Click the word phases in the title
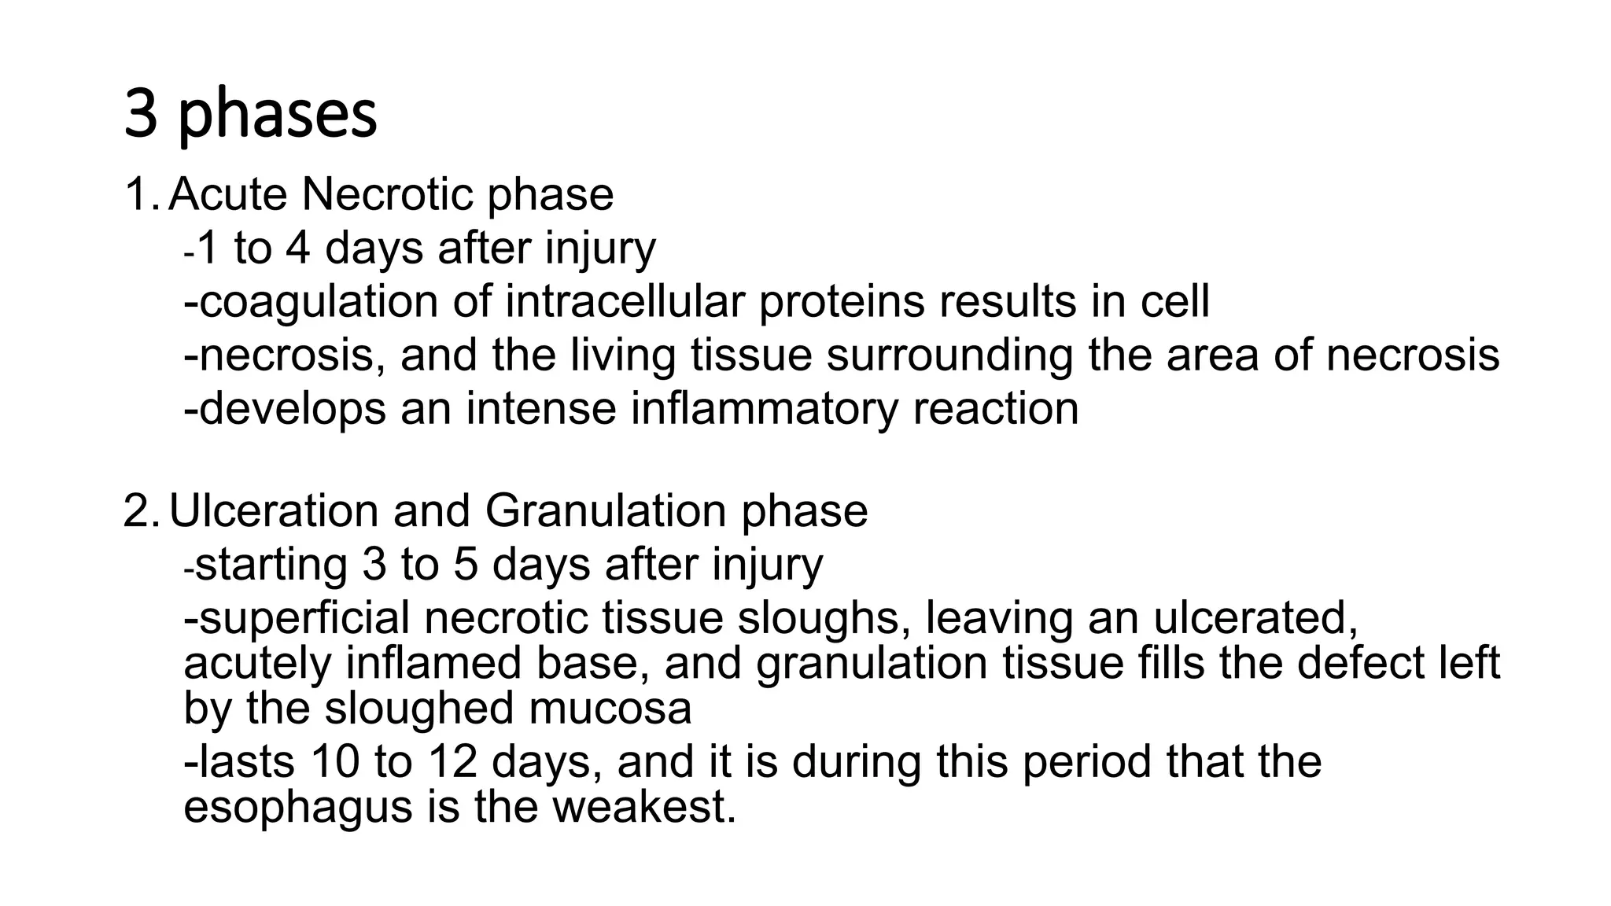tap(278, 116)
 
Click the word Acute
tap(228, 195)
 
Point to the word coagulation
tap(318, 302)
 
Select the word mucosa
tap(610, 708)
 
